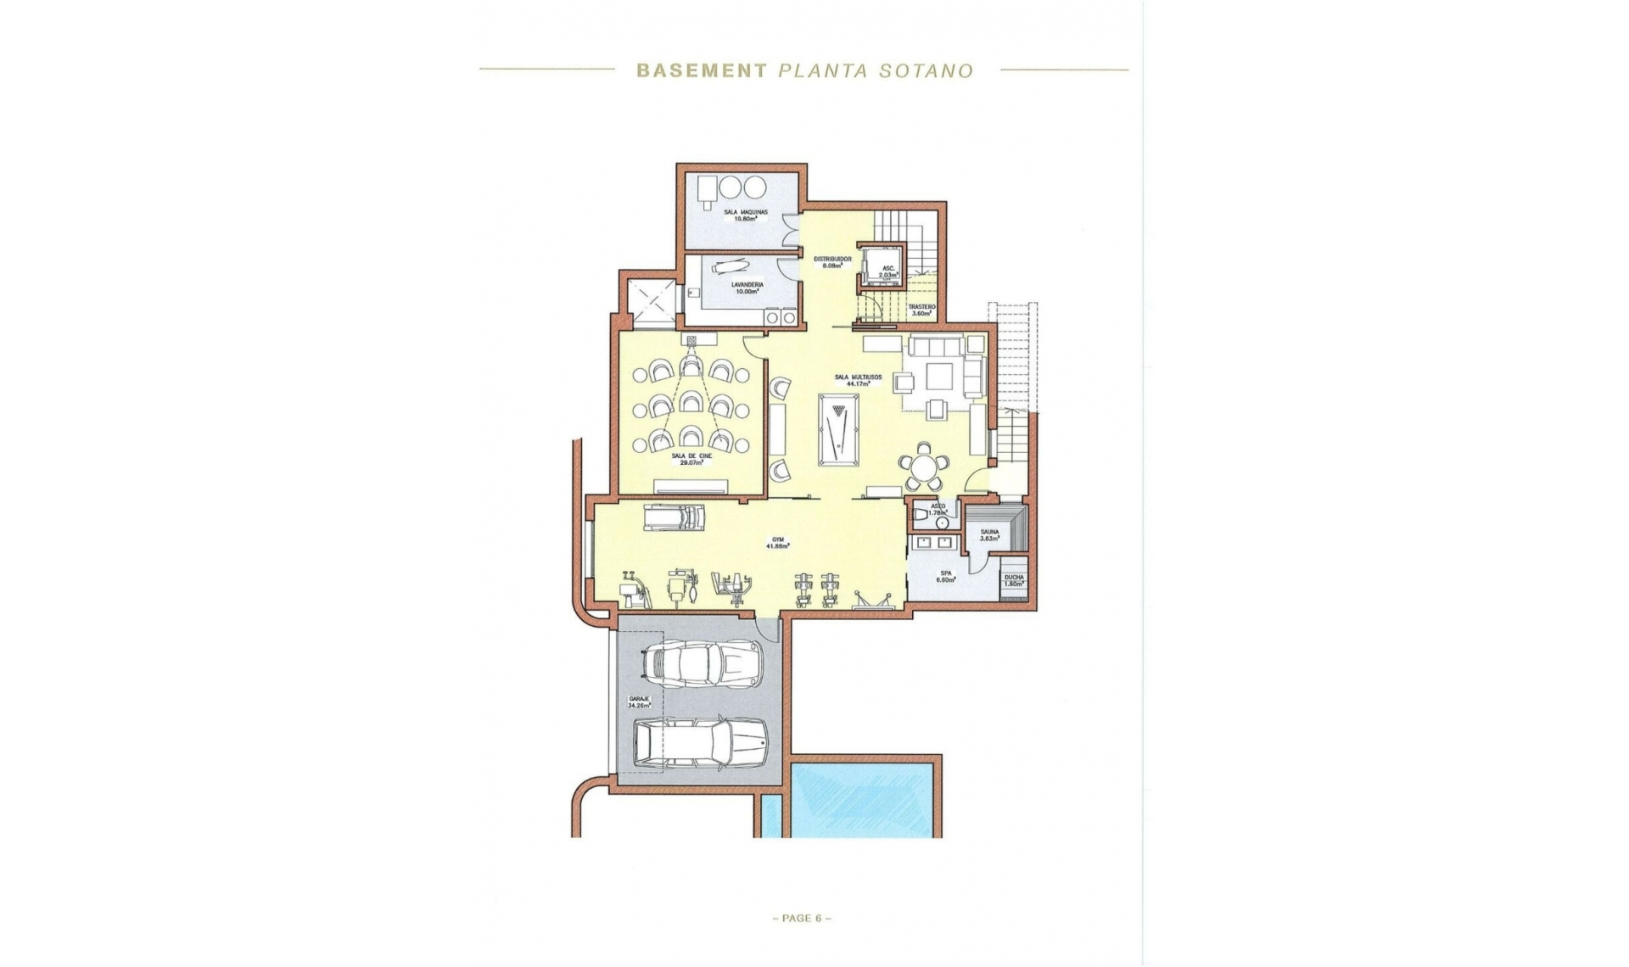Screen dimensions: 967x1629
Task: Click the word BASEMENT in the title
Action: tap(702, 71)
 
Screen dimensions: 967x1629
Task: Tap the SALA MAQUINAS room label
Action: tap(745, 215)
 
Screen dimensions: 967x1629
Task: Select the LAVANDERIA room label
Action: tap(747, 288)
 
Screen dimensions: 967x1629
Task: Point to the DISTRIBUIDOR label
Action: tap(831, 261)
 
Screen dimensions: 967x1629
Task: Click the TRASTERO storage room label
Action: tap(921, 310)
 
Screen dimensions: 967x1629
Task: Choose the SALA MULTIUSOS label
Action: tap(858, 380)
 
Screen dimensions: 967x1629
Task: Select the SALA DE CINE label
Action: tap(691, 459)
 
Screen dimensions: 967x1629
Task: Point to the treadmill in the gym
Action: tap(675, 517)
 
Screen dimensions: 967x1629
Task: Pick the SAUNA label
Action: tap(989, 534)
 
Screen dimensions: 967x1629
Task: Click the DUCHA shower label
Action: tap(1014, 580)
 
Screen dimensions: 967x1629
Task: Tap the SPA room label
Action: tap(946, 576)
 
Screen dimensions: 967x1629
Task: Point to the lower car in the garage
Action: tap(700, 744)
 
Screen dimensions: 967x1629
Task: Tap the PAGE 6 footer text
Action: tap(801, 918)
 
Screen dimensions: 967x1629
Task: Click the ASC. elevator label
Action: tap(887, 271)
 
